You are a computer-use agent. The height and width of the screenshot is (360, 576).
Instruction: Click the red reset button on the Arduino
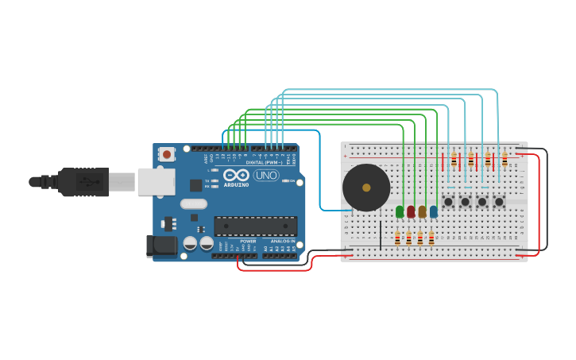166,153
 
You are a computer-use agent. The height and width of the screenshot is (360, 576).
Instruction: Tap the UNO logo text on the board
266,175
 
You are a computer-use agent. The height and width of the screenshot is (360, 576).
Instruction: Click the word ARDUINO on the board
236,184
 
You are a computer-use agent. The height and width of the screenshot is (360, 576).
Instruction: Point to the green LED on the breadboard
400,211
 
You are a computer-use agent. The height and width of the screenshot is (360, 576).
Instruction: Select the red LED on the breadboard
411,211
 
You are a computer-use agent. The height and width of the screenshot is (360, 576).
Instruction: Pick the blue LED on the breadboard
433,211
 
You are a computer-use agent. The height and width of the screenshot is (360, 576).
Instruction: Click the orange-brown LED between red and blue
422,211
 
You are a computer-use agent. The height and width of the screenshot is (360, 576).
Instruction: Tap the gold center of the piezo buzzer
366,188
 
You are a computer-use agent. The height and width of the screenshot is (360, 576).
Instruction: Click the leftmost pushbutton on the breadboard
448,202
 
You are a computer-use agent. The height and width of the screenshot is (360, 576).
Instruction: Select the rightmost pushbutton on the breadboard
499,202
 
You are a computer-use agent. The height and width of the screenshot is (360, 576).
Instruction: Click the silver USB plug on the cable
122,182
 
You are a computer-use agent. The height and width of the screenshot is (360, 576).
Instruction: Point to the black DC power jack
162,246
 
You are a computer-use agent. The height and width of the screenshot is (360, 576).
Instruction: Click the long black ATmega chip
255,226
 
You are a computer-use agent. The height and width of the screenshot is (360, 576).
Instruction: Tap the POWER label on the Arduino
248,241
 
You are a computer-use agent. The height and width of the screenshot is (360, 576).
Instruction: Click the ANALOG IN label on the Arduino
282,241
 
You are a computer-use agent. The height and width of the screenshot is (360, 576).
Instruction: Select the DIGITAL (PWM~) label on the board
265,162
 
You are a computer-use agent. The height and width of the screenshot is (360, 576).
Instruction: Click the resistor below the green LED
398,238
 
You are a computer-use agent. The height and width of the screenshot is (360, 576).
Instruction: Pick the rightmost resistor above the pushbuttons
504,161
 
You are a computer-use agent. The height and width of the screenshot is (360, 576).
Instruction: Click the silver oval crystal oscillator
193,204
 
